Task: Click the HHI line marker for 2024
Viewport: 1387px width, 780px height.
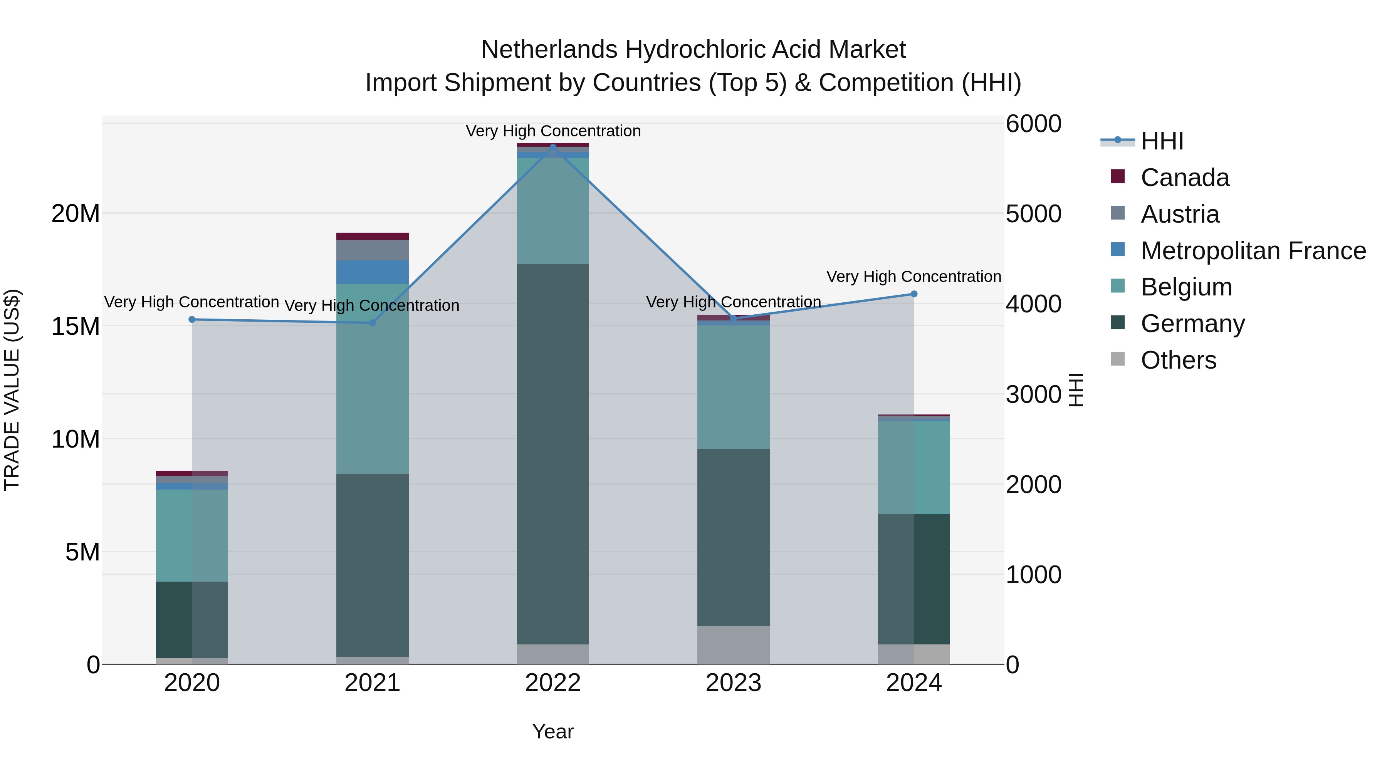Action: tap(914, 294)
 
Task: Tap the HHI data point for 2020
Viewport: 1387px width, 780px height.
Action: tap(192, 319)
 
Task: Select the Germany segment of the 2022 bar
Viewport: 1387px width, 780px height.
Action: tap(553, 454)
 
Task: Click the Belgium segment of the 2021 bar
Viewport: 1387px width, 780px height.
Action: tap(372, 378)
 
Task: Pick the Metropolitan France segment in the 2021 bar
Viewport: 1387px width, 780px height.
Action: tap(372, 272)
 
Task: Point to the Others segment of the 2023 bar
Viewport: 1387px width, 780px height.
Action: tap(733, 644)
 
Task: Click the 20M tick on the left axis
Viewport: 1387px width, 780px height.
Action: tap(76, 214)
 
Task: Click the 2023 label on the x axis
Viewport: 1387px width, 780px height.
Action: tap(733, 683)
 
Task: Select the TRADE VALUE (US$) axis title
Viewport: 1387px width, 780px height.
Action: tap(12, 390)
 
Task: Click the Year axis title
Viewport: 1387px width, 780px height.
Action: tap(553, 731)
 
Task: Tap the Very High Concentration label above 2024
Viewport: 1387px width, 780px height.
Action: tap(914, 277)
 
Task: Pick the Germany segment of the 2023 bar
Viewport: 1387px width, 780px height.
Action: tap(733, 537)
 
